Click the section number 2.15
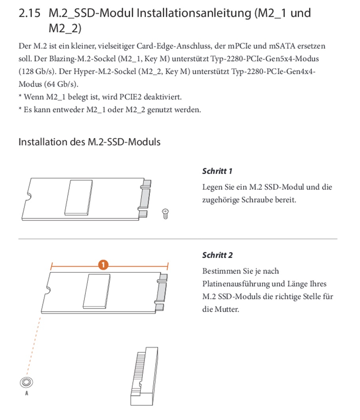[29, 13]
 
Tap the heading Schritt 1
[217, 171]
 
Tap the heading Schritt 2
[217, 255]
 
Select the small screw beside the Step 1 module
[166, 214]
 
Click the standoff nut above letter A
[26, 382]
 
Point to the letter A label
[26, 393]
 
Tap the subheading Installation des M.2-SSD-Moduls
[89, 142]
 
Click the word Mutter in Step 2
[226, 309]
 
